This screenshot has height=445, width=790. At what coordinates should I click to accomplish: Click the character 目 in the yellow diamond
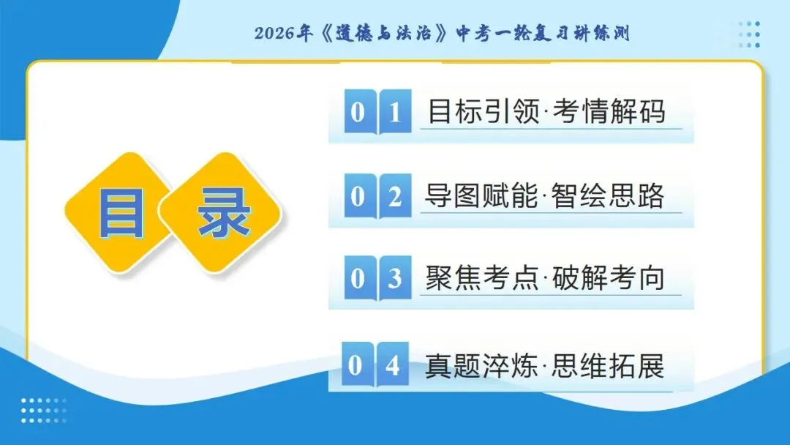pos(121,212)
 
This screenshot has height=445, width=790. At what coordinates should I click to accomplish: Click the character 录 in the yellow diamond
pos(225,212)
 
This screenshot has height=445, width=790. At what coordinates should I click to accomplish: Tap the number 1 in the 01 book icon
pos(395,113)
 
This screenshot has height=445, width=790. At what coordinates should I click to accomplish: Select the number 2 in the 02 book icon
pos(395,197)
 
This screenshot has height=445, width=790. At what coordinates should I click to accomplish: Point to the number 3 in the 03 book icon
pos(395,279)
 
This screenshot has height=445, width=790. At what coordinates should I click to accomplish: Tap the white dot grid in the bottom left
pos(43,410)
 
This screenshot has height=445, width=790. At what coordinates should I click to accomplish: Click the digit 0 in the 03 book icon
pos(358,279)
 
